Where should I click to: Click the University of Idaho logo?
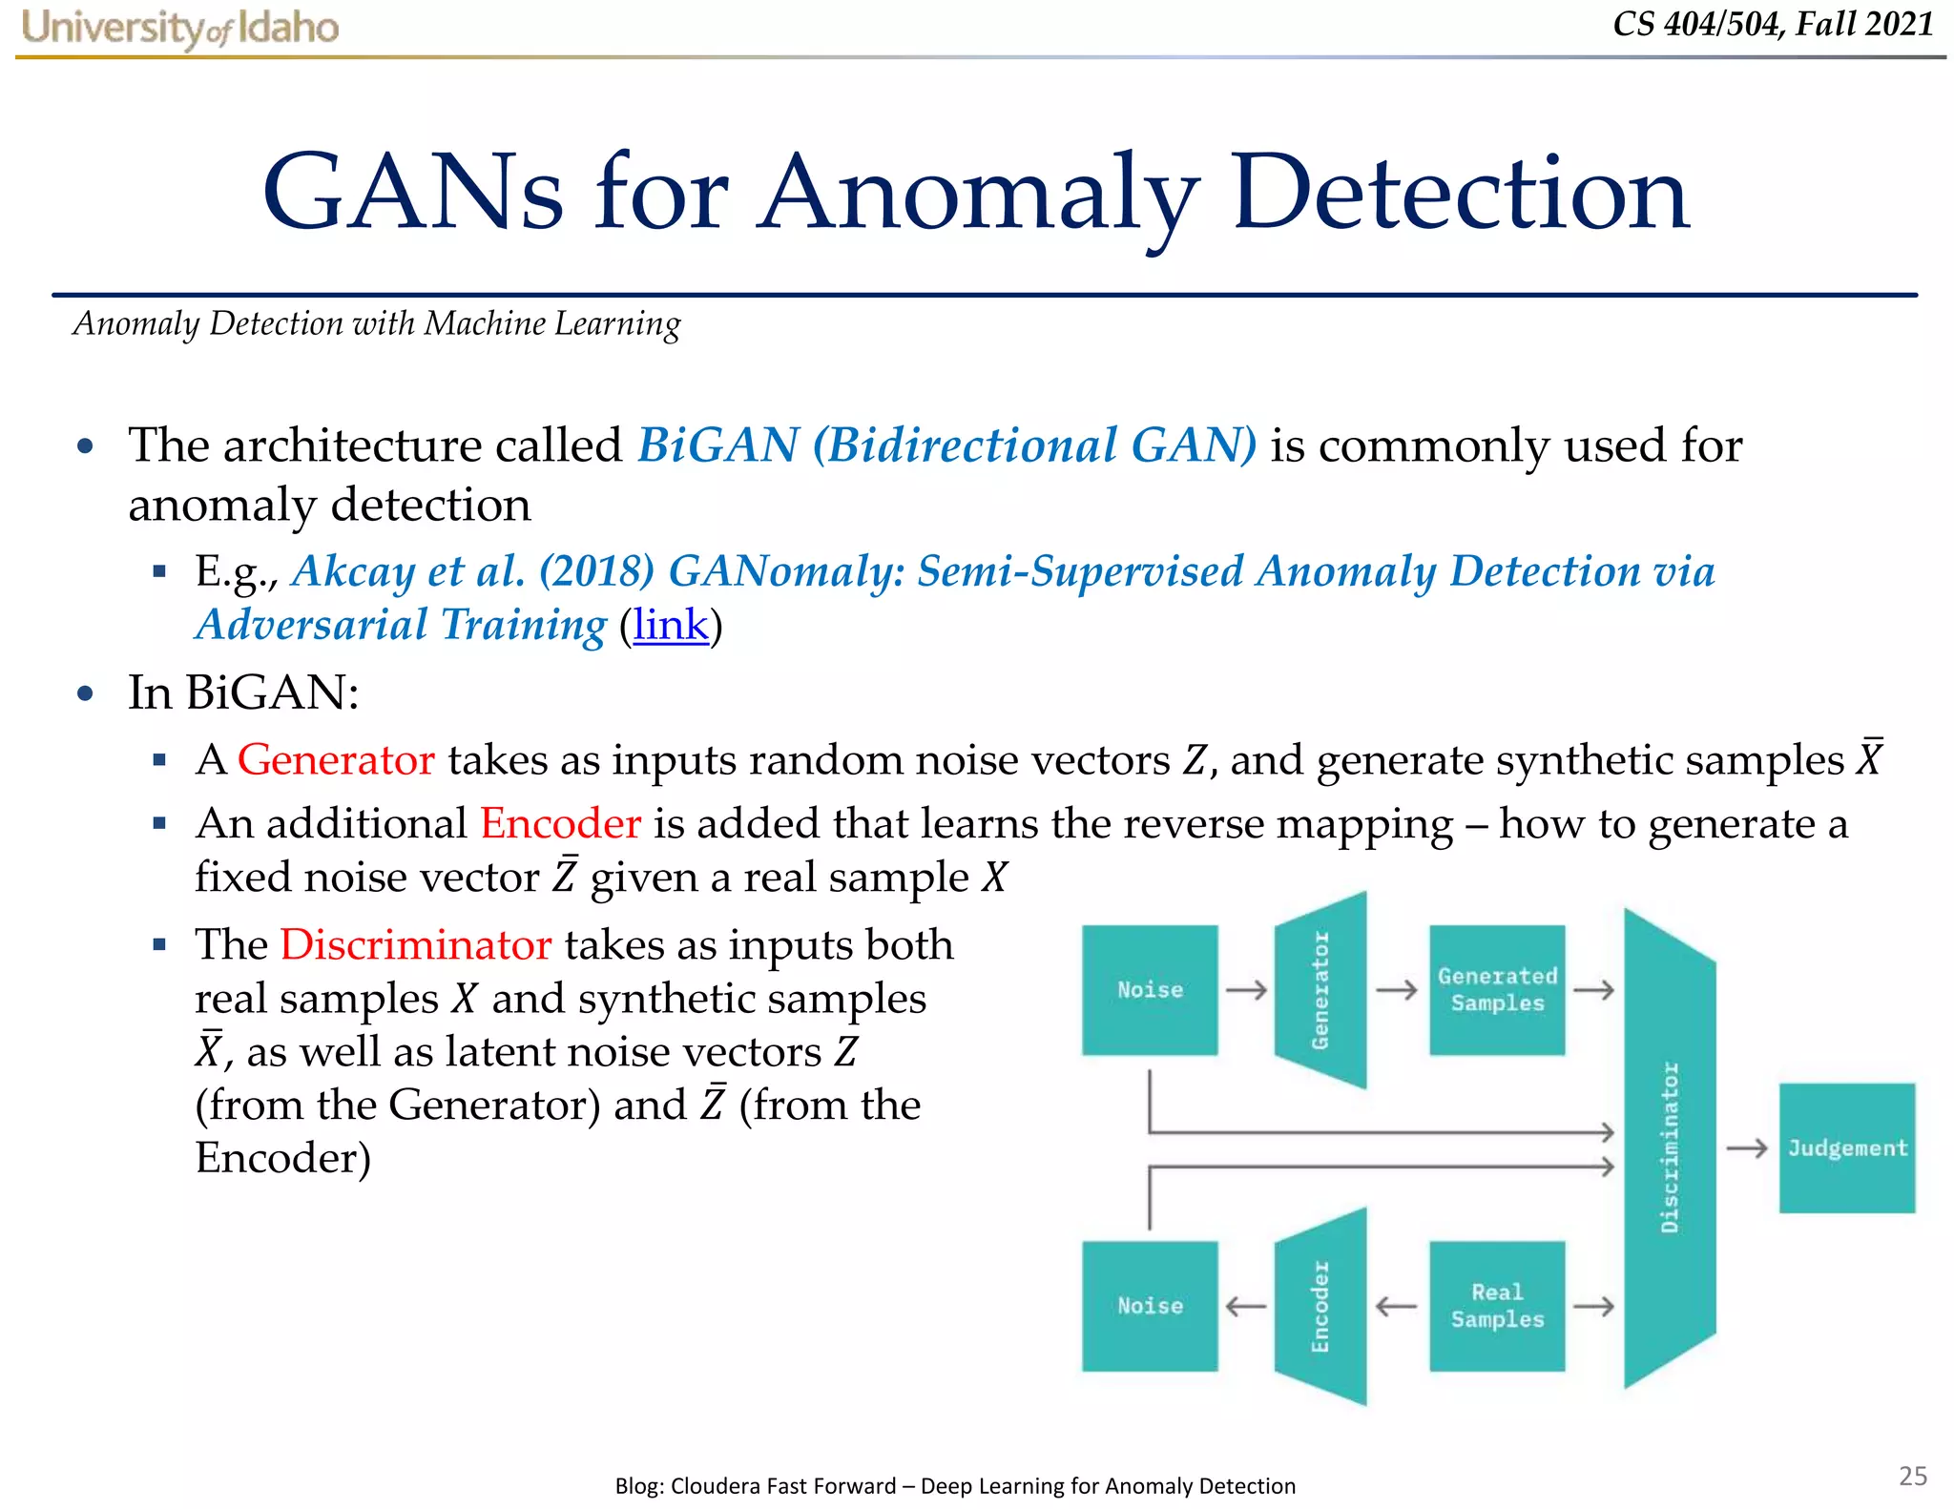(179, 27)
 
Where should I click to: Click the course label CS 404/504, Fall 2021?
(1773, 24)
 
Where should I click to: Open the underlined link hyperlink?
(671, 626)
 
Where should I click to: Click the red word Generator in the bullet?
(336, 760)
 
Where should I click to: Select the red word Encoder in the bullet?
(560, 823)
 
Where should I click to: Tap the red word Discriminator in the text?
(415, 945)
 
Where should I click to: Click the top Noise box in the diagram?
(1150, 990)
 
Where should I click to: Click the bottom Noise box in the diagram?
(1150, 1306)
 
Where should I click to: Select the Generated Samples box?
(1497, 990)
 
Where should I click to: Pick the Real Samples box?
(1497, 1306)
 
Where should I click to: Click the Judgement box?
(1847, 1148)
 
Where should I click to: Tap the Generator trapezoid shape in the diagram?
(1321, 990)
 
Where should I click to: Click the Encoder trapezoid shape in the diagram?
(1321, 1306)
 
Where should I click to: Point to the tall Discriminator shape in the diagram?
(1670, 1148)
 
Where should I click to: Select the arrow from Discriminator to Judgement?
(1747, 1148)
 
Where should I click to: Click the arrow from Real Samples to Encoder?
(1397, 1306)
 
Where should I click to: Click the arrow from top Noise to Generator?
(1246, 990)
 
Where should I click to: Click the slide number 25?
(1912, 1476)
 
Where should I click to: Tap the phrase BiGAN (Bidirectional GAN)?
(946, 445)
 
